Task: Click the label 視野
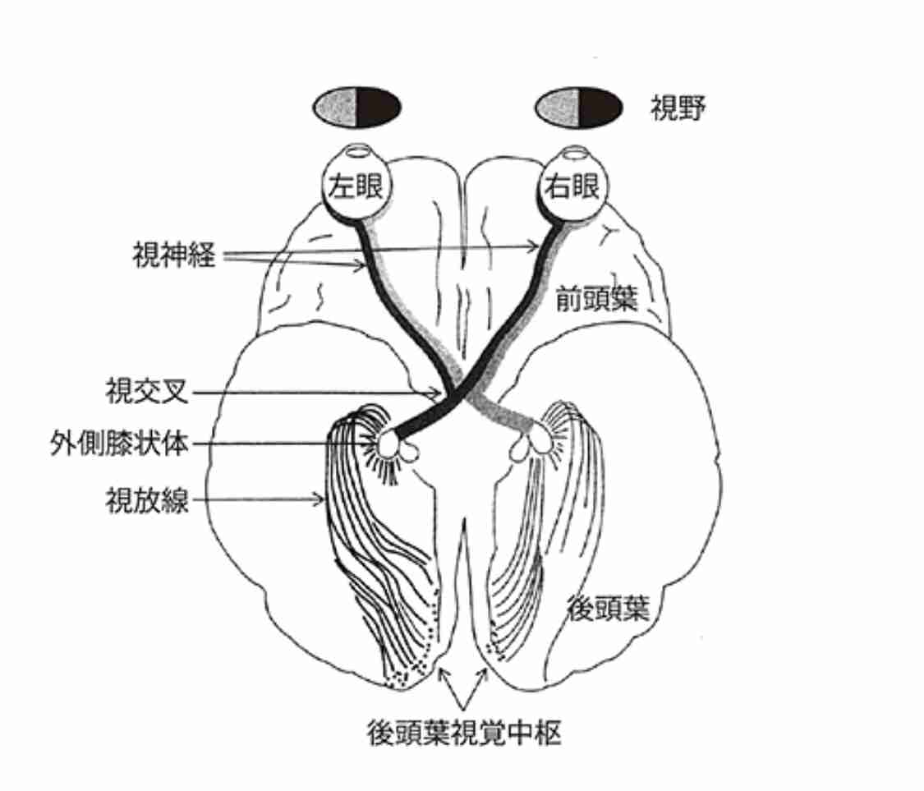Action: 678,108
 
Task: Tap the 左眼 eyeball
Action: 356,186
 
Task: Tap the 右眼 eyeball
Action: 572,186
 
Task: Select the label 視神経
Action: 174,255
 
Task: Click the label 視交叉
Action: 147,391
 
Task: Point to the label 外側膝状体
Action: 120,444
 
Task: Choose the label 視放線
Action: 147,500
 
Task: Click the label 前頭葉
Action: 597,299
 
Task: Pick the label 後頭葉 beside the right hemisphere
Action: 608,608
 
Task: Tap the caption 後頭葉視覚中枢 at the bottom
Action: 464,733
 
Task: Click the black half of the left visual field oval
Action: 379,107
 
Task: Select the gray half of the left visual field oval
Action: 335,107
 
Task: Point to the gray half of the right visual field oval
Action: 558,107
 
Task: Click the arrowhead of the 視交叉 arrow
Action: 436,393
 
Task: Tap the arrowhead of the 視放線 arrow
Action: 319,500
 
